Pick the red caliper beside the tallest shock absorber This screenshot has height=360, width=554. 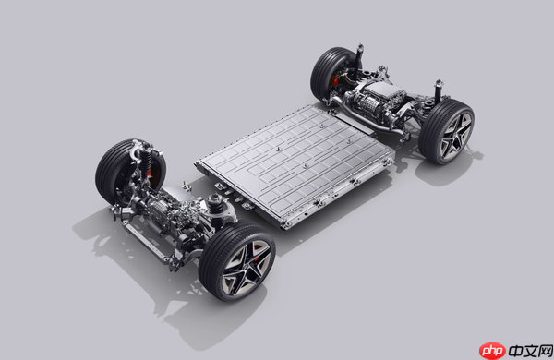click(x=334, y=82)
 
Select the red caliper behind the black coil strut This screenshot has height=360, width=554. click(x=150, y=174)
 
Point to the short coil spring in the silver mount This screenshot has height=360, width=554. click(x=215, y=202)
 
